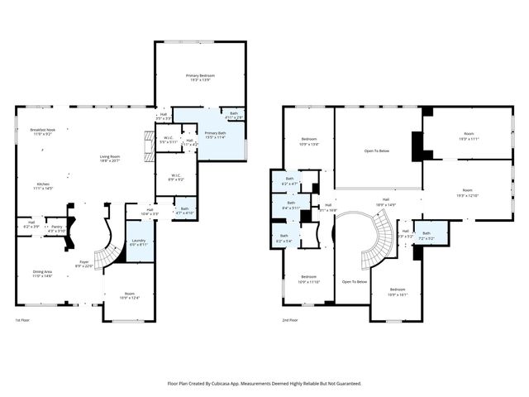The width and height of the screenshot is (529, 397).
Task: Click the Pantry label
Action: (56, 227)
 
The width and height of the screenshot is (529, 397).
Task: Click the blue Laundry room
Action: (139, 242)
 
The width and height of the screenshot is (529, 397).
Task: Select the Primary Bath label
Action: (215, 135)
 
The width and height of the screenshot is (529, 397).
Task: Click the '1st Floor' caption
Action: (24, 320)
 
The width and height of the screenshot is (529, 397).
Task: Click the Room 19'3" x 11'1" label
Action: (468, 136)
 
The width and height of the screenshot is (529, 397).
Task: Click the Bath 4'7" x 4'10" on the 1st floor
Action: (183, 211)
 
